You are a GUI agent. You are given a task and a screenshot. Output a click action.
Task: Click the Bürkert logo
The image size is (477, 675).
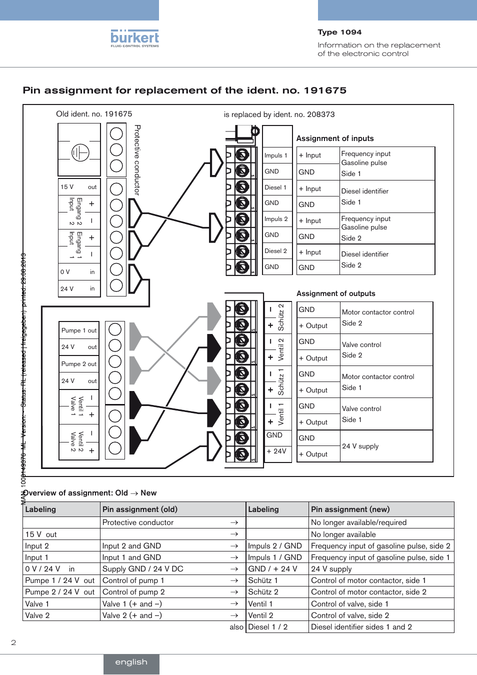tap(134, 38)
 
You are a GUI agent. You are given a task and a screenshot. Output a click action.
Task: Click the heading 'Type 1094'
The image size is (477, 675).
tap(339, 32)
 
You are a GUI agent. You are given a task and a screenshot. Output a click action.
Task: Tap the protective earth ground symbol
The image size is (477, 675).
tap(80, 152)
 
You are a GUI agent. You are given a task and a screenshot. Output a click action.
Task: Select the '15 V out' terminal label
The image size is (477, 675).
tap(78, 187)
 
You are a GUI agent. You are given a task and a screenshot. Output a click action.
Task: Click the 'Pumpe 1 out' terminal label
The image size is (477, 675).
tap(79, 330)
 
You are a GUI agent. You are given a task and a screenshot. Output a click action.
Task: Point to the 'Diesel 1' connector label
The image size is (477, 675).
tap(275, 187)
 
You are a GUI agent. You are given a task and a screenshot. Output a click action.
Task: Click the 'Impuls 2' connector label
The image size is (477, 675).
tap(276, 219)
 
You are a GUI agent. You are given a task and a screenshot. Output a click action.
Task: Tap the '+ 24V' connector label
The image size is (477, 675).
tap(276, 451)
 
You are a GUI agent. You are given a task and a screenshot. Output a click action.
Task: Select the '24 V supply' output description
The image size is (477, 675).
tap(360, 446)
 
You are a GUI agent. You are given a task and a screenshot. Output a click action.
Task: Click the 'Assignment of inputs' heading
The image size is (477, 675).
tap(335, 138)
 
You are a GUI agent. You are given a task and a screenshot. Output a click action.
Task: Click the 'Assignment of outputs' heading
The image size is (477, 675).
tap(335, 293)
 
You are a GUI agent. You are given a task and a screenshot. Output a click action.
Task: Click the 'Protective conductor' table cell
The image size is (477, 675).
tap(138, 522)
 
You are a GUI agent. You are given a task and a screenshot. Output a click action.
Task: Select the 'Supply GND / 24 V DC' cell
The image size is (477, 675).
tap(143, 569)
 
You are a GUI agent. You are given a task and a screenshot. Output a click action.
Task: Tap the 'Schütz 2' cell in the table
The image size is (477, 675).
tap(263, 592)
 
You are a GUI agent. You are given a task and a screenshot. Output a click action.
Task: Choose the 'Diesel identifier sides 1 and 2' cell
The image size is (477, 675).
tap(361, 627)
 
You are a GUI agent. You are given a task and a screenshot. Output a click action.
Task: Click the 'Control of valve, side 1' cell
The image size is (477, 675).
tap(349, 604)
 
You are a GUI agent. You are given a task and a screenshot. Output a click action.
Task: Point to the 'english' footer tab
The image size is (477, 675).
tap(131, 662)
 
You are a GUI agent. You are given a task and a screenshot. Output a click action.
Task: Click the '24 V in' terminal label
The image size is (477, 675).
tap(78, 288)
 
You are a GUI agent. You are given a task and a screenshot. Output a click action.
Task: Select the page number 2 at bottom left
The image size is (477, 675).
tap(13, 642)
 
